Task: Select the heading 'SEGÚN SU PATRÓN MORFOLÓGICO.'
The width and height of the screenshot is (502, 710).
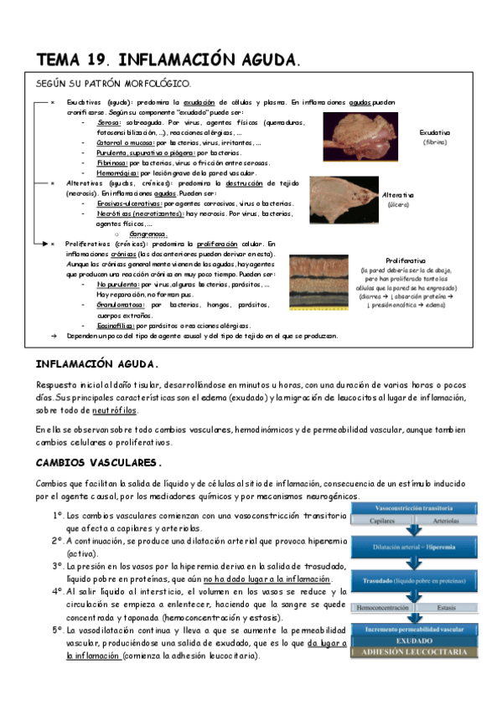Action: click(x=113, y=84)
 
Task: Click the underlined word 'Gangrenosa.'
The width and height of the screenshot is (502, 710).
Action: click(x=149, y=234)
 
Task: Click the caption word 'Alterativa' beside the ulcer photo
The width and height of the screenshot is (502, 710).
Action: click(x=398, y=194)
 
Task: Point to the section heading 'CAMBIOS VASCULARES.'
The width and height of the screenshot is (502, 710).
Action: click(x=99, y=462)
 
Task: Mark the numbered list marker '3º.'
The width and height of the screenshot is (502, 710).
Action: click(x=57, y=566)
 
